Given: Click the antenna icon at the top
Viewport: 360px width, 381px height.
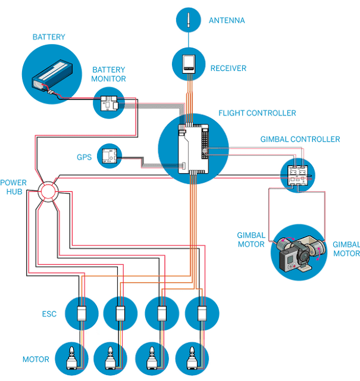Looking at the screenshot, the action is tap(188, 20).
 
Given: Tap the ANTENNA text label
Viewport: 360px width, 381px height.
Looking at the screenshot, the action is tap(227, 20).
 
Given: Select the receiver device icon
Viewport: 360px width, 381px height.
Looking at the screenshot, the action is tap(189, 64).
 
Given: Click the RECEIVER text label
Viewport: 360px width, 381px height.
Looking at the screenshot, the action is tap(228, 68).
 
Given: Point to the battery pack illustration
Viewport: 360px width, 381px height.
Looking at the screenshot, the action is tap(52, 76).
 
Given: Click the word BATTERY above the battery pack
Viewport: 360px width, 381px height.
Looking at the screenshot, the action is tap(49, 37).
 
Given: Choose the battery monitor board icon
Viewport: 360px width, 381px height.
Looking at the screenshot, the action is tap(109, 103).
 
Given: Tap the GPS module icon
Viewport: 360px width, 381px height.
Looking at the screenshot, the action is tap(109, 156).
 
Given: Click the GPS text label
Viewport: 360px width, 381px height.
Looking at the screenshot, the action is tap(84, 157).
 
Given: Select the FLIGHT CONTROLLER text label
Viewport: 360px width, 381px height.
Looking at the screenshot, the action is tap(257, 113).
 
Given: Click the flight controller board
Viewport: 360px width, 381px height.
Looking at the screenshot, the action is tap(193, 149).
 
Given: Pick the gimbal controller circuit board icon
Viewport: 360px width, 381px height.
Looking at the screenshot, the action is tap(298, 176).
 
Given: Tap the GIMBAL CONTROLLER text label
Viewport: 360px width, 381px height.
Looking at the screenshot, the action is tap(300, 139).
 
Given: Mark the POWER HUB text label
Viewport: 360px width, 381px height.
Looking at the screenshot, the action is tap(13, 187).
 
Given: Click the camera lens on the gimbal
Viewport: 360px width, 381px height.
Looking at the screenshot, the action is tap(303, 256).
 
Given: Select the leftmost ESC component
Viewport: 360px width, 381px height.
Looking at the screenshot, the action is tap(82, 314).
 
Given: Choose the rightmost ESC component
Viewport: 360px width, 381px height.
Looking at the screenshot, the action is tap(202, 314).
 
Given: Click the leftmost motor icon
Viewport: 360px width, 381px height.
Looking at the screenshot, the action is tap(72, 358).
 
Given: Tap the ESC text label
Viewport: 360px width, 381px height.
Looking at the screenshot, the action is tap(49, 314).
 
